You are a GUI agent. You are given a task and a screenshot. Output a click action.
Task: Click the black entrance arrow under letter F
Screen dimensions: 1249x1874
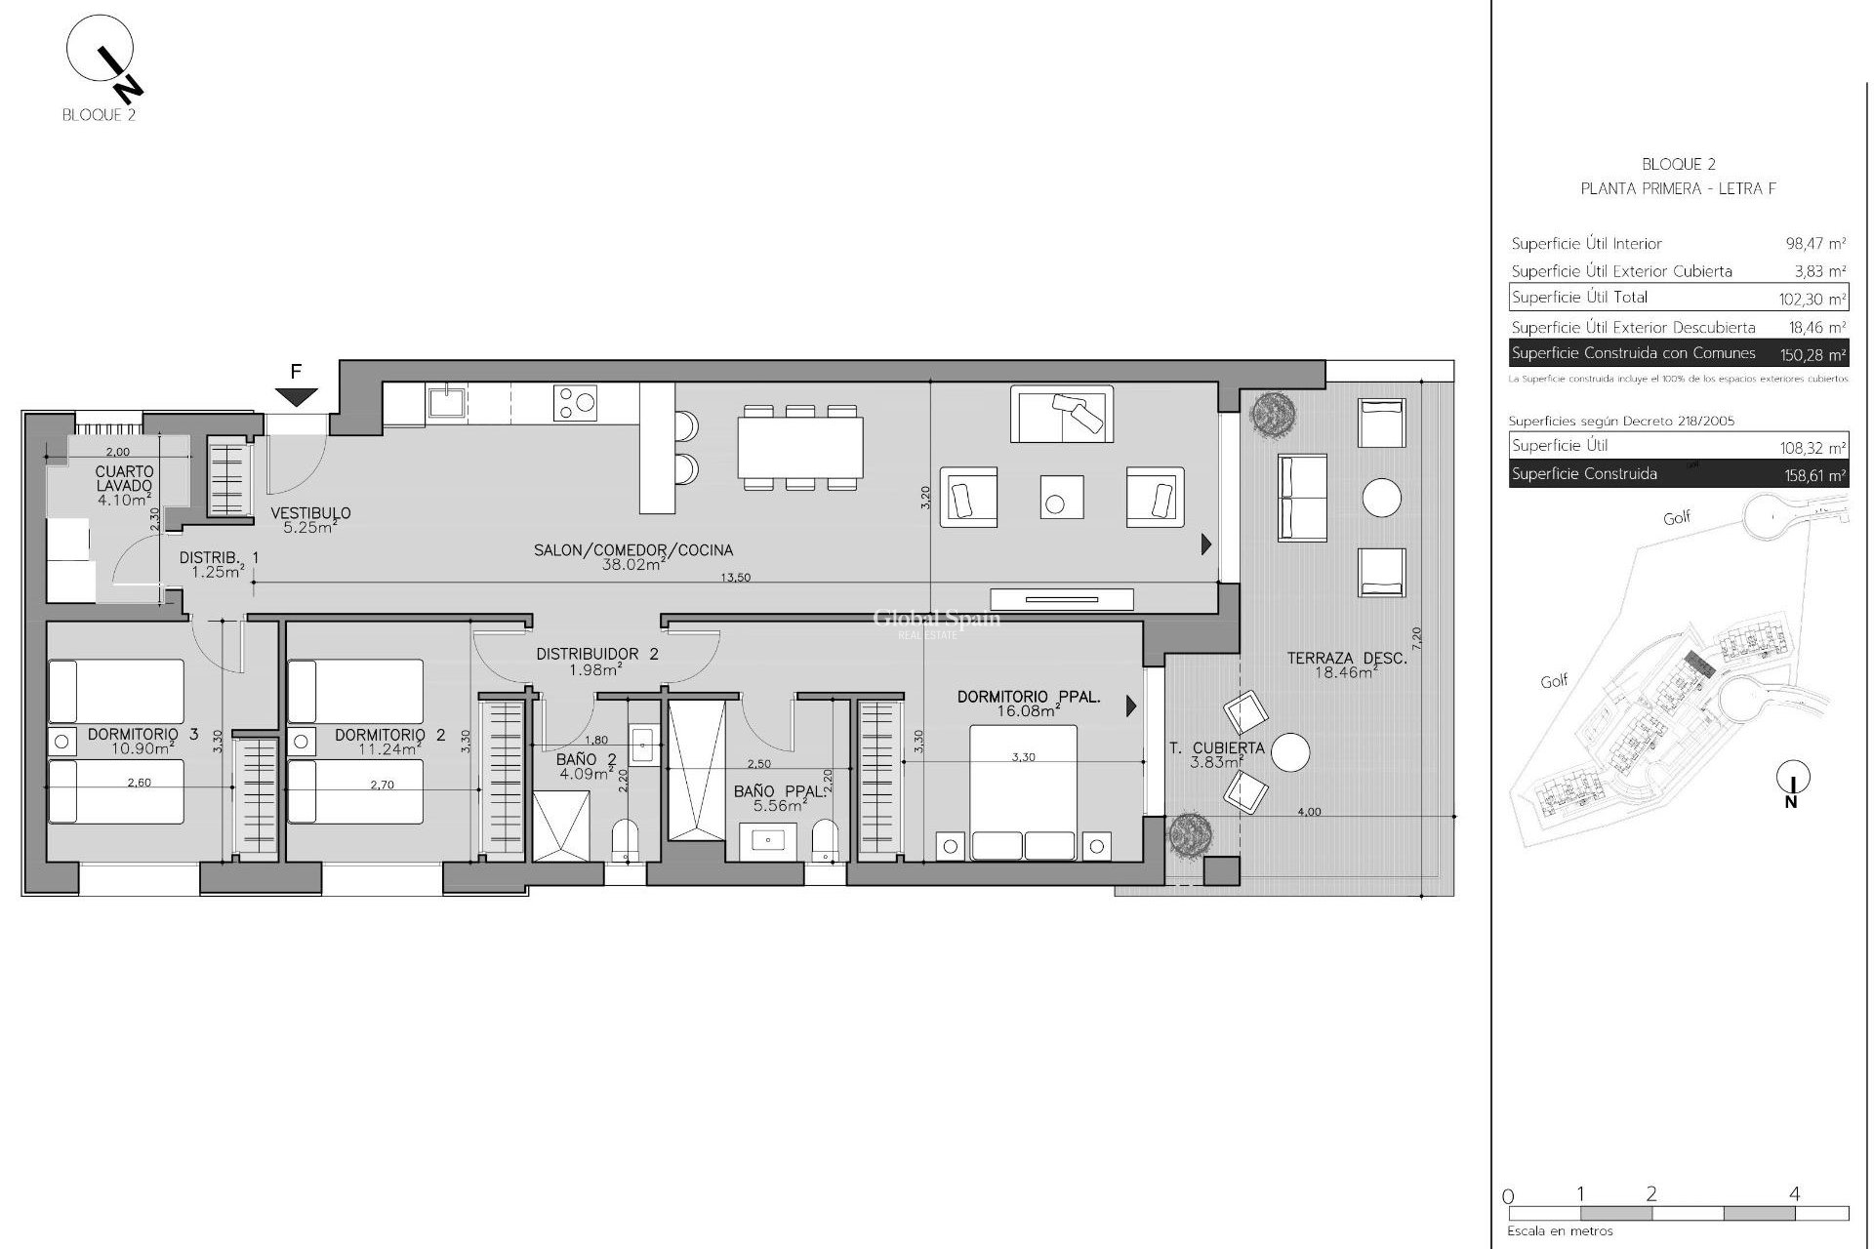click(297, 396)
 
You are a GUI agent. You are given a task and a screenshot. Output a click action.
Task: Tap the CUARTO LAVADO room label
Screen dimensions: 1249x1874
click(124, 478)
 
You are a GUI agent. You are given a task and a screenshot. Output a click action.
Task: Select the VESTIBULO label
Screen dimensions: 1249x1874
click(310, 513)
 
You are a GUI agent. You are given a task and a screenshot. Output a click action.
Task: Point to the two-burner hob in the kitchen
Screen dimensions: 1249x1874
click(575, 402)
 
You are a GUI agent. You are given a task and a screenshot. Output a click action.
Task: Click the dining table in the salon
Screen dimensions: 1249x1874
click(800, 447)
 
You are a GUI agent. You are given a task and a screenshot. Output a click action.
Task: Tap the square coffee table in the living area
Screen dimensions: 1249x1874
click(1061, 496)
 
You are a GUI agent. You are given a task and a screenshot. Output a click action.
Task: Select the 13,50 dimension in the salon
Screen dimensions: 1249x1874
click(735, 577)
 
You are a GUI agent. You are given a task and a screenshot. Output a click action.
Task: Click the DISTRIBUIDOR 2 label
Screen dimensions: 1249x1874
click(596, 654)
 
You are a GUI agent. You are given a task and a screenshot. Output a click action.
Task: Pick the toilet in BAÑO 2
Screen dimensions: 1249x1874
click(625, 840)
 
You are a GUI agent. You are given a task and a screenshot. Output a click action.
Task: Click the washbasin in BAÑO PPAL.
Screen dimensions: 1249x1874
click(768, 840)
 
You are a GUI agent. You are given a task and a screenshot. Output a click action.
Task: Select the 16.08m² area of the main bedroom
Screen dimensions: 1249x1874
click(1029, 711)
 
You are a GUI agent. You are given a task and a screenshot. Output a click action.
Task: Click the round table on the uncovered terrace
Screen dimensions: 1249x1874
click(1381, 498)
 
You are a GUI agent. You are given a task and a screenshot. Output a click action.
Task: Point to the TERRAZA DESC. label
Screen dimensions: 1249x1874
click(1346, 659)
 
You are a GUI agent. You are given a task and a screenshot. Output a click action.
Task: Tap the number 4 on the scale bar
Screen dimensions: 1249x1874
click(1794, 1193)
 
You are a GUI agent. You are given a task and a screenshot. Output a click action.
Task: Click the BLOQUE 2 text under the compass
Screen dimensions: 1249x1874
click(99, 115)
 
